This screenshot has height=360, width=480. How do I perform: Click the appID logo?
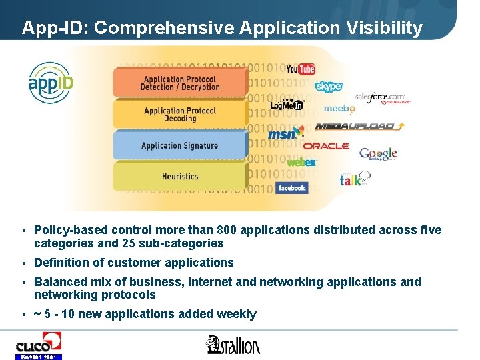pos(51,83)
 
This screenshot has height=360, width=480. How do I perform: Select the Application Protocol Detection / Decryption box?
pos(180,83)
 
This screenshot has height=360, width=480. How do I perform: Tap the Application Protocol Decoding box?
pos(180,115)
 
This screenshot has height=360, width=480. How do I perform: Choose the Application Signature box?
pos(180,145)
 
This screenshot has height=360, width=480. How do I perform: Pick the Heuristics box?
pos(180,177)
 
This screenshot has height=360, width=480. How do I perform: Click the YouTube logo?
pos(300,69)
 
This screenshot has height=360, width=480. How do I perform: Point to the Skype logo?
pos(329,87)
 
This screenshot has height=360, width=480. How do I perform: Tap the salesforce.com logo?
pos(380,99)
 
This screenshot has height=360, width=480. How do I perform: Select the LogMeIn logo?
pos(287,105)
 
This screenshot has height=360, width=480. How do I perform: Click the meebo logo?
pos(339,109)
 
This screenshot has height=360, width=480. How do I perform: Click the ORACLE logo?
pos(326,146)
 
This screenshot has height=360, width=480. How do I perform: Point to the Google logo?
pos(378,154)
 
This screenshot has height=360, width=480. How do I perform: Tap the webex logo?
pos(301,162)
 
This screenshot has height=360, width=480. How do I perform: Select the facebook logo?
pos(291,188)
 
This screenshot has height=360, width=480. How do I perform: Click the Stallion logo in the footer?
pos(233,345)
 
